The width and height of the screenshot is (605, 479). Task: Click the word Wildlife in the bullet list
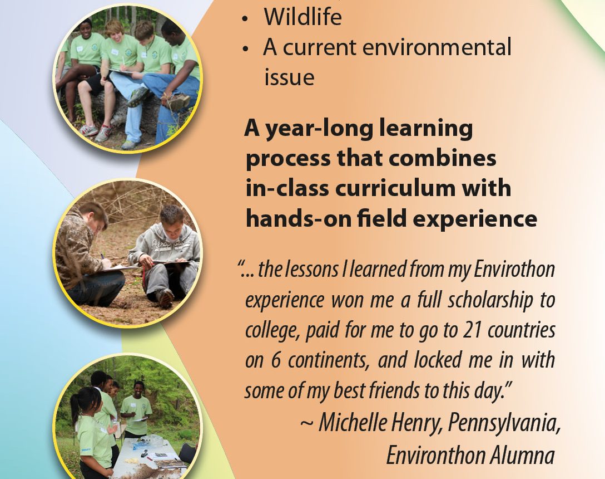click(302, 17)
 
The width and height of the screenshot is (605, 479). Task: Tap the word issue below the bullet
click(289, 77)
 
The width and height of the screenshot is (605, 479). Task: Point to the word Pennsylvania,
click(504, 423)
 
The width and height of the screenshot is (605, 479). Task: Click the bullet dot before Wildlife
click(245, 18)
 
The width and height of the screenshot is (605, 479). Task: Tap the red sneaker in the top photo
click(88, 130)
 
